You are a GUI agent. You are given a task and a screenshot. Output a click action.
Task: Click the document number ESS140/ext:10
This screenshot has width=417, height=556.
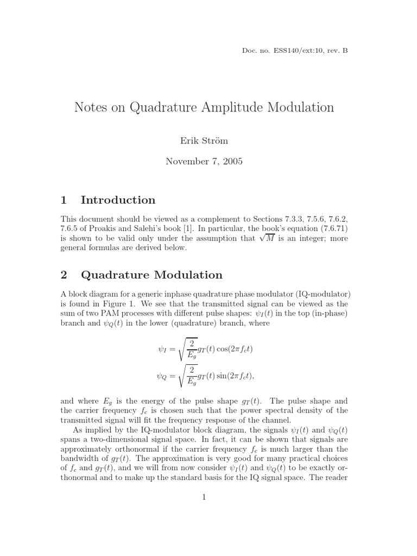point(296,50)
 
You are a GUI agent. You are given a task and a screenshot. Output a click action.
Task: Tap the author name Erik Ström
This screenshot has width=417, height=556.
point(204,141)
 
